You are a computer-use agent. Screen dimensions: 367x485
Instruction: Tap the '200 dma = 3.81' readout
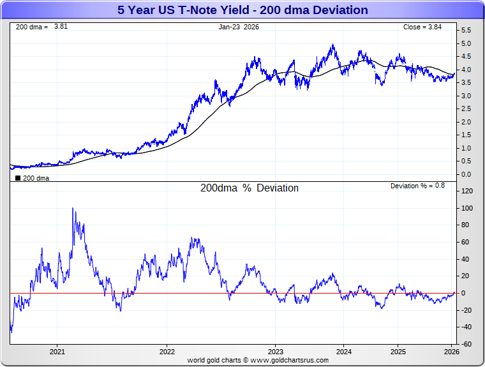click(33, 27)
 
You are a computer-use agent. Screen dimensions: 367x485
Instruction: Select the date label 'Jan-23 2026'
click(239, 27)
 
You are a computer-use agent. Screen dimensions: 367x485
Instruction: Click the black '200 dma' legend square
click(17, 178)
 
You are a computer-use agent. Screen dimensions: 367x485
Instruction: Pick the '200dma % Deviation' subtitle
click(249, 188)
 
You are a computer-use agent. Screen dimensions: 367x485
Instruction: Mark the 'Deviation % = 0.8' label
click(418, 186)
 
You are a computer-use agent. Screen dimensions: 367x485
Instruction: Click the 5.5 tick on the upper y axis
click(466, 30)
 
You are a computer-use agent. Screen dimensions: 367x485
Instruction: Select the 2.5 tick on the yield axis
click(466, 109)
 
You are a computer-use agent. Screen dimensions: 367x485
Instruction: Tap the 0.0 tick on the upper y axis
click(466, 174)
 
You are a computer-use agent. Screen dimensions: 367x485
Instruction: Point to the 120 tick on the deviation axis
click(466, 191)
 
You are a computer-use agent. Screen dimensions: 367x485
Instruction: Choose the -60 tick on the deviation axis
click(466, 344)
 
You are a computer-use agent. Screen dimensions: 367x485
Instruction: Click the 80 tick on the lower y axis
click(466, 225)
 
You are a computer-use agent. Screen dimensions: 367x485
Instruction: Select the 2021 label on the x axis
click(57, 352)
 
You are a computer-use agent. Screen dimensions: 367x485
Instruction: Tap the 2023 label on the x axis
click(276, 352)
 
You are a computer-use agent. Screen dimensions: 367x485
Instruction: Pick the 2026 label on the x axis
click(451, 352)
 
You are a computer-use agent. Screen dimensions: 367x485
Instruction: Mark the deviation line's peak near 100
click(73, 209)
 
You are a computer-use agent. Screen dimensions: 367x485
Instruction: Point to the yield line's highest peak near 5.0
click(332, 45)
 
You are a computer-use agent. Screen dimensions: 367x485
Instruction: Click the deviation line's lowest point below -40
click(11, 332)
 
